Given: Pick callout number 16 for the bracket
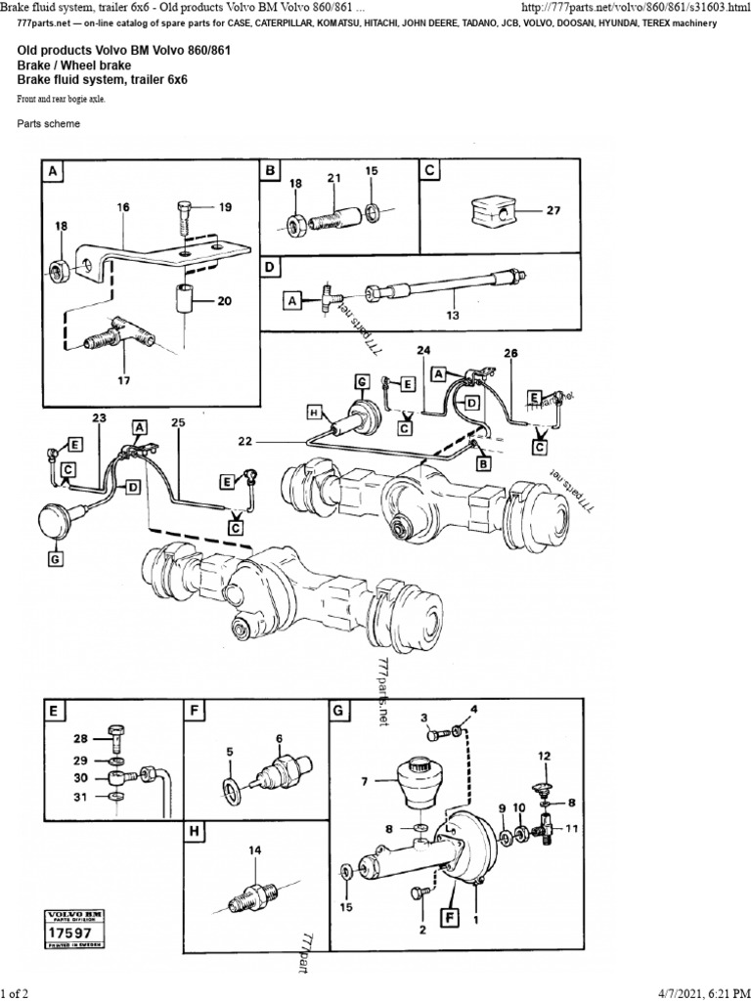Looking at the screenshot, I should coord(123,208).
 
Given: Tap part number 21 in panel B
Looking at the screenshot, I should coord(333,178).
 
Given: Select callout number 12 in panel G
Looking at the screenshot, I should coord(544,756).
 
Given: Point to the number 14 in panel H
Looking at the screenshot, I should coord(255,851).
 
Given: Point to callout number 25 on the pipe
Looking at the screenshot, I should coord(177,423).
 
